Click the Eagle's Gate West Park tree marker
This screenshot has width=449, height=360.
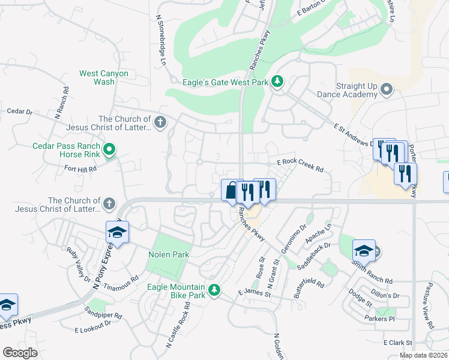point(277,81)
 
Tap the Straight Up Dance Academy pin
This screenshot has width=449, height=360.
point(386,90)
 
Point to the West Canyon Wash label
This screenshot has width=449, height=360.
point(104,77)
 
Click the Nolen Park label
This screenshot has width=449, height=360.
point(169,254)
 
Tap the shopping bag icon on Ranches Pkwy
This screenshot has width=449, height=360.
point(230,190)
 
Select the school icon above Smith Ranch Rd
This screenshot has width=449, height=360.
point(363,250)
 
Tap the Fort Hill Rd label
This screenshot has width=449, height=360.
point(80,170)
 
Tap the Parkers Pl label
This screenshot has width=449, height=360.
point(379,319)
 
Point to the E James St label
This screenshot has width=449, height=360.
point(255,293)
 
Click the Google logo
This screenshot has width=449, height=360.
point(20,353)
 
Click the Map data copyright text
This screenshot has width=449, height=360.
point(423,355)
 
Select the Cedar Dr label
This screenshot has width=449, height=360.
point(20,111)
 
